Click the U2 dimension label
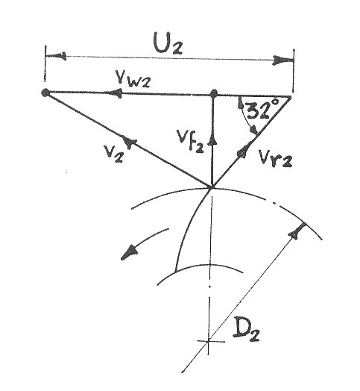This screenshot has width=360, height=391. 168,43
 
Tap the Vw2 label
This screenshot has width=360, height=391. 133,78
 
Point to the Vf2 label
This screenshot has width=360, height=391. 190,140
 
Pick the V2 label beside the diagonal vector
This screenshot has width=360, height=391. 114,154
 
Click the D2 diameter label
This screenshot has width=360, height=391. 246,332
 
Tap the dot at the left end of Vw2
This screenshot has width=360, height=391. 45,93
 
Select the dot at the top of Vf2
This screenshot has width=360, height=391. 213,94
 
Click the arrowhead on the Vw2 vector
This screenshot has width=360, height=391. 116,93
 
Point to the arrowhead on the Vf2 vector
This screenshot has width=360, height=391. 212,140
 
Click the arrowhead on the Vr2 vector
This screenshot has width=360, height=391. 243,151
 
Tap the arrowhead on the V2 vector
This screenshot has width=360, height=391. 129,142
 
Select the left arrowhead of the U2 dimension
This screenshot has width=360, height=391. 56,56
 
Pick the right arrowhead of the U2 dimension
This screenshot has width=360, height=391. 282,60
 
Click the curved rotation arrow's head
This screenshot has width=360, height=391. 129,253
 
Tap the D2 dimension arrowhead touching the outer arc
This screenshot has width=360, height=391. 296,231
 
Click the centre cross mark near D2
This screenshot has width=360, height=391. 209,341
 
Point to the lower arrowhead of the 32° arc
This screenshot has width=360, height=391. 254,130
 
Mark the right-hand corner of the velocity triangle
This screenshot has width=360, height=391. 291,96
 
